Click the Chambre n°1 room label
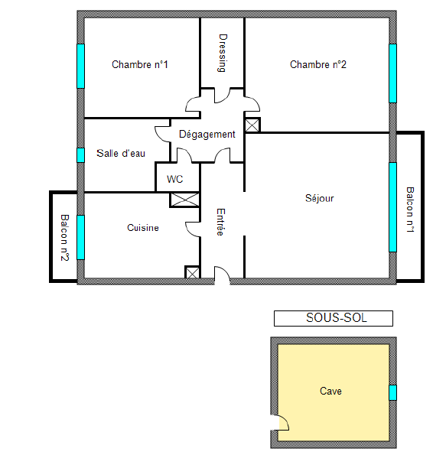coord(140,64)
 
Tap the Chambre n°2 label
coord(318,64)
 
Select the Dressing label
coord(223,53)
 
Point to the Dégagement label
coord(207,135)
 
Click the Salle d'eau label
coord(121,153)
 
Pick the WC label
coord(174,179)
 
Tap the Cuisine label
coord(143,228)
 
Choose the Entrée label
coord(220,222)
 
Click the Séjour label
coord(320,198)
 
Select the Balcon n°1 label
coord(410,210)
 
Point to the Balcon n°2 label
coord(64,238)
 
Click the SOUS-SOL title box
coord(334,318)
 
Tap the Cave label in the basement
coord(330,391)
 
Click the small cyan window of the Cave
coord(392,392)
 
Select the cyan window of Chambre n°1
coord(81,66)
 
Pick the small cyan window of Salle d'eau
coord(81,155)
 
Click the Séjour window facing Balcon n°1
coord(392,207)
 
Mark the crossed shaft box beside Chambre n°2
coord(252,125)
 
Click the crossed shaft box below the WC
coord(184,200)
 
